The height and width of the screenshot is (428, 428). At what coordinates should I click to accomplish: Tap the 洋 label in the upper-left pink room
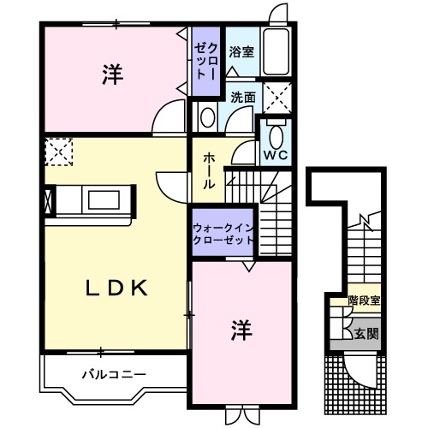pos(112,74)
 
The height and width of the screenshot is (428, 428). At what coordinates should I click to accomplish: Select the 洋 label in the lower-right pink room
pos(241,329)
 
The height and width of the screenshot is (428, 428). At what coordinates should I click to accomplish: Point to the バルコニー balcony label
pos(114,374)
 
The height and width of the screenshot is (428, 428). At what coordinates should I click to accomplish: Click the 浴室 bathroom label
pos(241,52)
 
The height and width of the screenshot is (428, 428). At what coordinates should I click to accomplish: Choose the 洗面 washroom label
pos(242,98)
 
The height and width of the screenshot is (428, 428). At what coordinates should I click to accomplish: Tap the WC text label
pos(275,155)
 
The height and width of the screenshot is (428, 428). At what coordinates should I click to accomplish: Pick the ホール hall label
pos(209,170)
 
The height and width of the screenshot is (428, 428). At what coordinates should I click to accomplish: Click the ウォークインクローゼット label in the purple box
pos(223,234)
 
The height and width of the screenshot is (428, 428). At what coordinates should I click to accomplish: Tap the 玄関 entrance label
pos(365,331)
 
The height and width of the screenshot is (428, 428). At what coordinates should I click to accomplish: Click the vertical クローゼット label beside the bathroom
pos(205,61)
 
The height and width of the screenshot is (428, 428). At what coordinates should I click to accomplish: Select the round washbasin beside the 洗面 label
pos(207,116)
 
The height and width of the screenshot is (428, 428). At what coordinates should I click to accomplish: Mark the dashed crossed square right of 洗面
pos(276,98)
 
